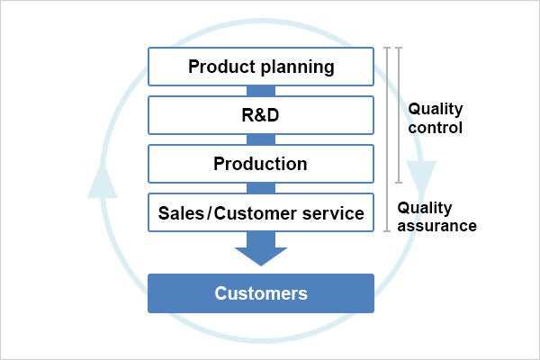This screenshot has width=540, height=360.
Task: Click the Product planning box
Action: (x=260, y=67)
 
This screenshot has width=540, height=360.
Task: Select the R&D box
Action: (x=260, y=115)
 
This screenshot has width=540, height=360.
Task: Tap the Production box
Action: (x=260, y=164)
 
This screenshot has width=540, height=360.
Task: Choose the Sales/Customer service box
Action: (x=260, y=213)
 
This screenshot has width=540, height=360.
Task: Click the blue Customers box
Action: (x=260, y=293)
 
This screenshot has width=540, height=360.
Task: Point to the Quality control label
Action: (x=436, y=118)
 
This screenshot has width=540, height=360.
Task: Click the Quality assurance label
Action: (x=436, y=216)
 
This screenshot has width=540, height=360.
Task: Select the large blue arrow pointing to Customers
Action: (x=260, y=247)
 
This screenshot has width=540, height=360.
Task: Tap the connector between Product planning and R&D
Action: (x=260, y=91)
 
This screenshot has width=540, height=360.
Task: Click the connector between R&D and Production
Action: (x=260, y=139)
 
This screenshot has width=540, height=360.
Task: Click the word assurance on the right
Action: (x=436, y=226)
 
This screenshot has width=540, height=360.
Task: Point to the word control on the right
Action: (x=436, y=128)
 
